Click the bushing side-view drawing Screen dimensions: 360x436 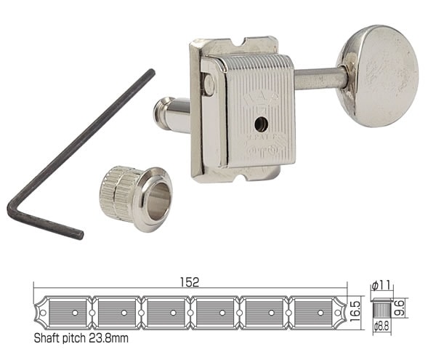tap(381, 306)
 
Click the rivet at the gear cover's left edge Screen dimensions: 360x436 tap(209, 86)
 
